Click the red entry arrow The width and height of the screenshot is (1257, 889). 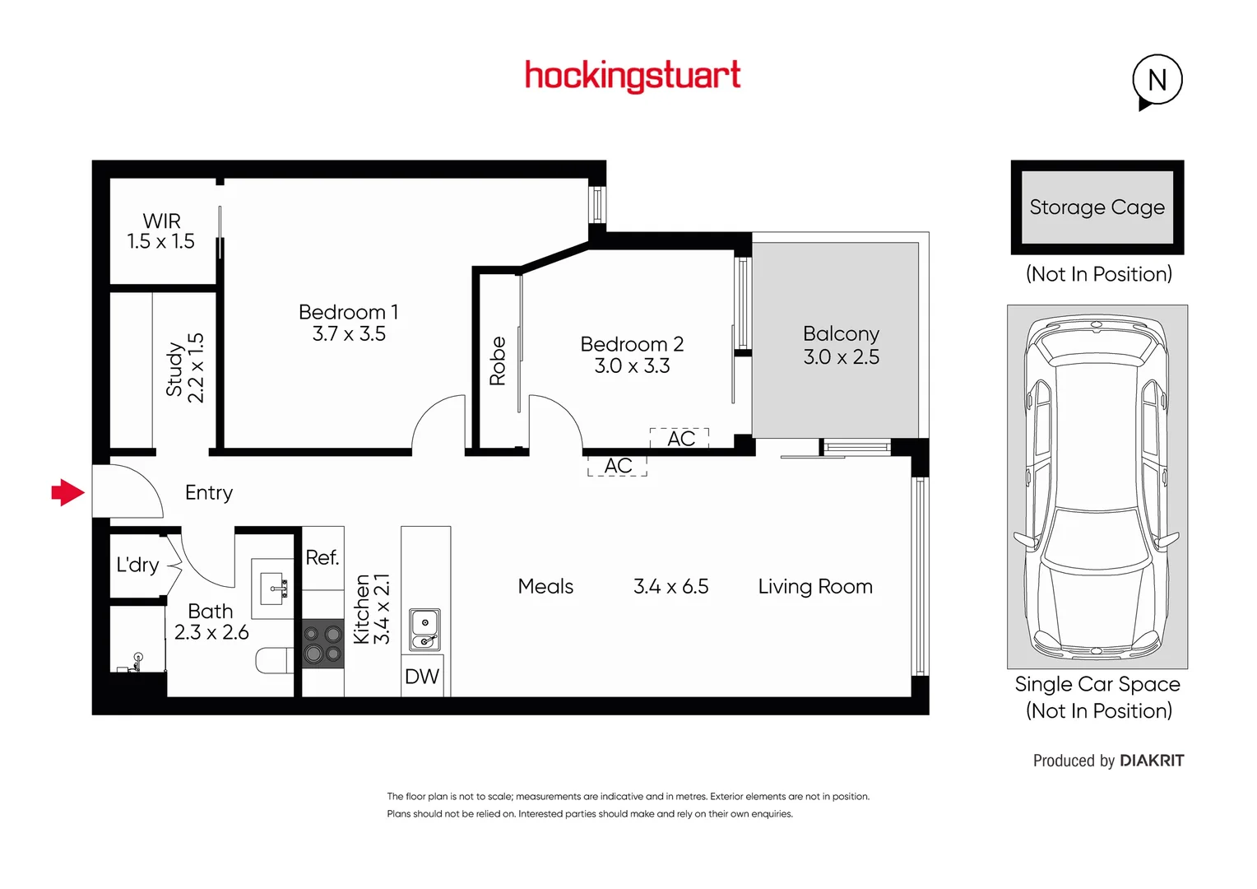(68, 493)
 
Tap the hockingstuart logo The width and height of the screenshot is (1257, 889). (633, 76)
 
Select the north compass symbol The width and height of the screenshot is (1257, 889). (1157, 81)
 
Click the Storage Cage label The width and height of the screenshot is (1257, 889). (1097, 207)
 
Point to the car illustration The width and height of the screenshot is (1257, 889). (1097, 490)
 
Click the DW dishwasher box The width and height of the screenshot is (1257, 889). (422, 677)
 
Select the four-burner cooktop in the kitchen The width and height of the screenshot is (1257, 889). (322, 644)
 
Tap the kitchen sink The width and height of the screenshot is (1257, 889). (424, 630)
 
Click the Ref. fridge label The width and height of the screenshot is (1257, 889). (322, 558)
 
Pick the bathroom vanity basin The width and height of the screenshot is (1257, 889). (272, 589)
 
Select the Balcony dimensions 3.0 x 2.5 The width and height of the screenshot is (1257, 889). (841, 357)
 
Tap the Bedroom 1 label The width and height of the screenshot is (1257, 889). (348, 312)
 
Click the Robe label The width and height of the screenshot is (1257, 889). (498, 361)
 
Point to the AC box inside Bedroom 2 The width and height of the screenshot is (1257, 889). (680, 439)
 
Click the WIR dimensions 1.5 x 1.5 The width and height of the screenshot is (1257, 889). (160, 242)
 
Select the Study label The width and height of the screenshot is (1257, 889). (174, 369)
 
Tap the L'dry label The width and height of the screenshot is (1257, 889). (137, 565)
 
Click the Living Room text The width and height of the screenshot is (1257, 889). (814, 586)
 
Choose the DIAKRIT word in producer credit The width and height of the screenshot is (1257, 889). (1152, 761)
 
